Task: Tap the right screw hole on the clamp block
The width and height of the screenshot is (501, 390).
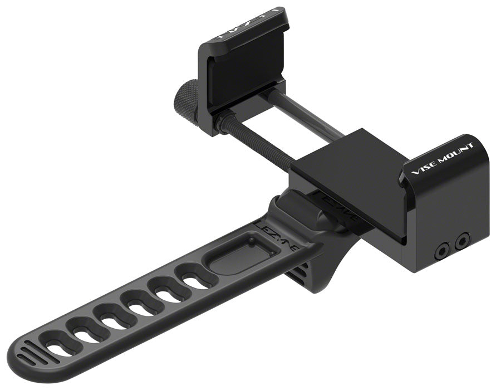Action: pos(461,241)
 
